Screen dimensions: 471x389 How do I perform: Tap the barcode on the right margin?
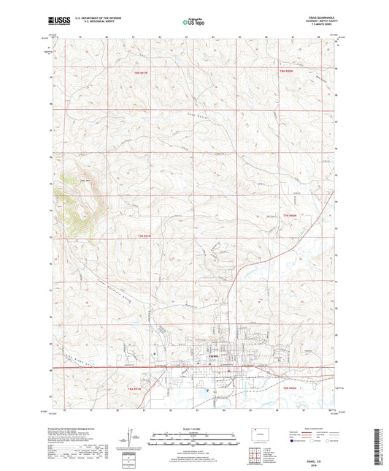pyautogui.click(x=381, y=439)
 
